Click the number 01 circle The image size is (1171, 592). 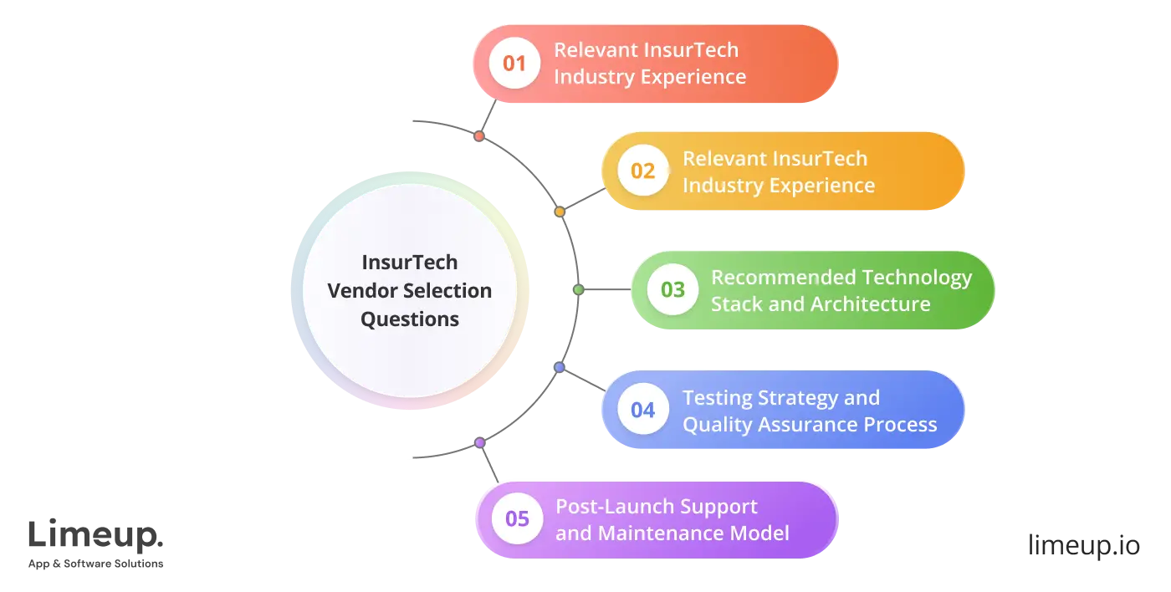click(x=514, y=63)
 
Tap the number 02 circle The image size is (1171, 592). click(x=642, y=171)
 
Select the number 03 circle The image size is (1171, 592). click(x=672, y=290)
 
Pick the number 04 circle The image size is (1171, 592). click(x=642, y=410)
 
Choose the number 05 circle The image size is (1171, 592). click(x=517, y=519)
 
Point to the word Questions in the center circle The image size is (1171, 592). click(x=410, y=319)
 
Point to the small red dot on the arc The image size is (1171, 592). click(x=478, y=135)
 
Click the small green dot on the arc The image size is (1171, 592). click(x=578, y=289)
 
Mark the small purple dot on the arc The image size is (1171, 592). click(x=479, y=442)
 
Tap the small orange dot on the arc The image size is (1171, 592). click(x=560, y=212)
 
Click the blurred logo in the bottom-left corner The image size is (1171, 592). click(x=96, y=541)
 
